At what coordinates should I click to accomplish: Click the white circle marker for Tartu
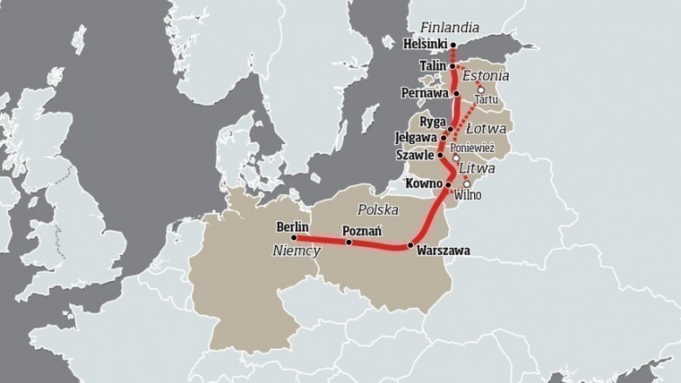(479, 89)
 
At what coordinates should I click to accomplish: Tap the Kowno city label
(423, 184)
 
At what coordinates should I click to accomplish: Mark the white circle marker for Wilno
(467, 184)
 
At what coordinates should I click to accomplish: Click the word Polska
(378, 210)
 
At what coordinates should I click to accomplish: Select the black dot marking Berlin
(294, 237)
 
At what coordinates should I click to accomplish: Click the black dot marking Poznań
(349, 243)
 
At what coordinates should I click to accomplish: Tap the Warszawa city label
(444, 251)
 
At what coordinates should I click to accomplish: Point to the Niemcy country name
(296, 251)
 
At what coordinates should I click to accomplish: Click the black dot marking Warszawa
(409, 245)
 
